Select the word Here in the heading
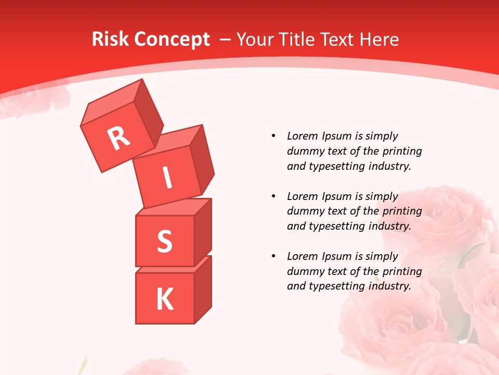tap(377, 39)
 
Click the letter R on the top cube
tap(119, 138)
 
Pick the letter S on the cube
tap(164, 241)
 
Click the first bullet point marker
tap(273, 136)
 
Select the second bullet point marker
tap(273, 197)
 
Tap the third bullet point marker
tap(273, 257)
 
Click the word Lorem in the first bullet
tap(301, 136)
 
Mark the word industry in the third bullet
tap(389, 286)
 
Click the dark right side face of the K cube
tap(203, 289)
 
